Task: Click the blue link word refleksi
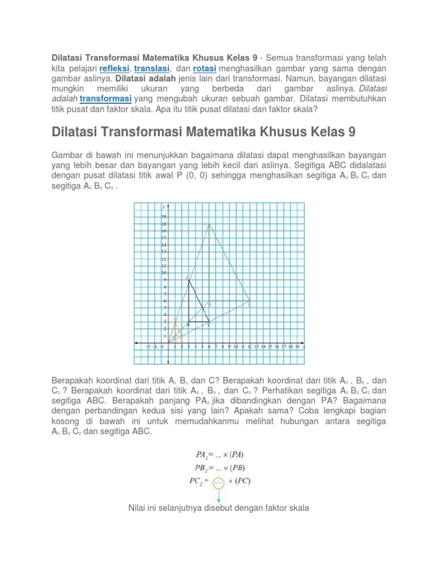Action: tap(116, 67)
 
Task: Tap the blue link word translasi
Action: tap(152, 67)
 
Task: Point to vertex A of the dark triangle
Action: tap(189, 279)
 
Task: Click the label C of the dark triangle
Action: tap(209, 325)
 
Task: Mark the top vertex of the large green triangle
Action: tap(209, 225)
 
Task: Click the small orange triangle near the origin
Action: tap(176, 331)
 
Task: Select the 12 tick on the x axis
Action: tap(250, 346)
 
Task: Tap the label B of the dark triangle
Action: tap(189, 325)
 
